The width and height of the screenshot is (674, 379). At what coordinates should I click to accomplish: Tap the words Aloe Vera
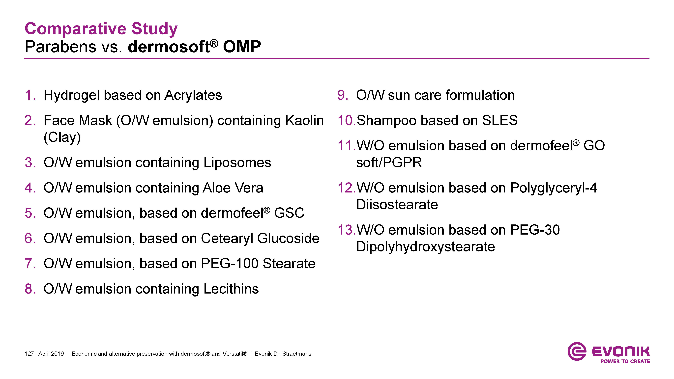[233, 188]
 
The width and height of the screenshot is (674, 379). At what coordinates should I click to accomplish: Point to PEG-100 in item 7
[230, 264]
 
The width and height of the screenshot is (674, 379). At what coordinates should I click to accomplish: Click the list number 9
[343, 95]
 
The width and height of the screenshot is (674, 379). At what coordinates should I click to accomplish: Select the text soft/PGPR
[389, 163]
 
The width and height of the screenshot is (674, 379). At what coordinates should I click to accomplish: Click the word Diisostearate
[397, 205]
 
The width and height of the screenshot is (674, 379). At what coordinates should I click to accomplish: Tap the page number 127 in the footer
[29, 354]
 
